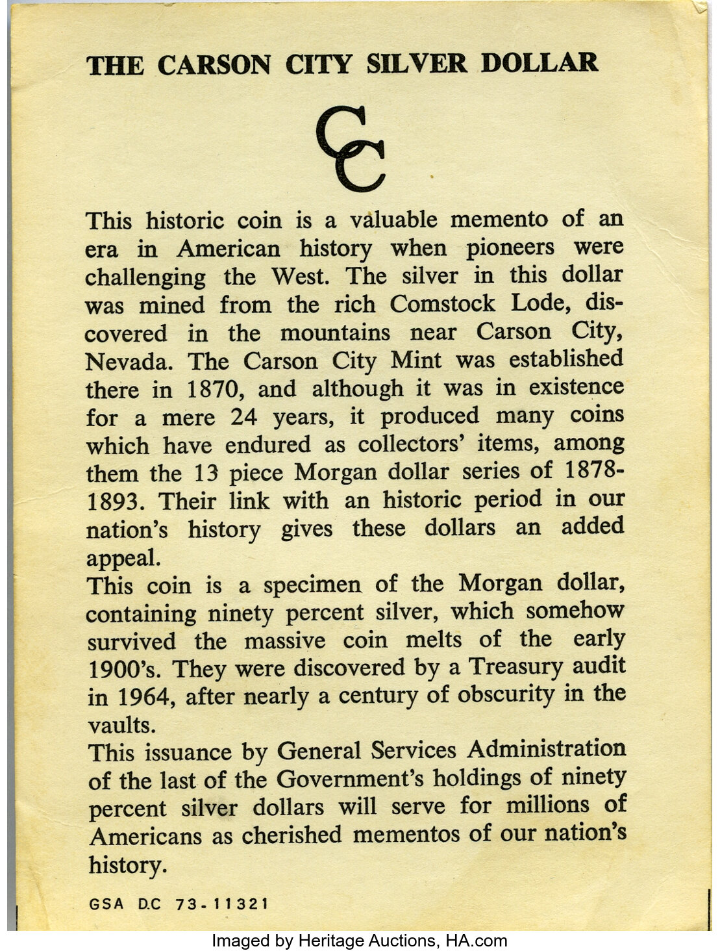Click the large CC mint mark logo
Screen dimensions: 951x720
[x=351, y=151]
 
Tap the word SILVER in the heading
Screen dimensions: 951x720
[x=416, y=64]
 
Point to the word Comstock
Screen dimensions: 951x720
[x=443, y=304]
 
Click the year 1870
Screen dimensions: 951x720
[x=217, y=390]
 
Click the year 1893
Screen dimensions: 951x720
[x=116, y=502]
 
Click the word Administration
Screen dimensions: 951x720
[x=547, y=750]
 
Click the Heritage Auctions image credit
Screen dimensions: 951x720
[x=360, y=941]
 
